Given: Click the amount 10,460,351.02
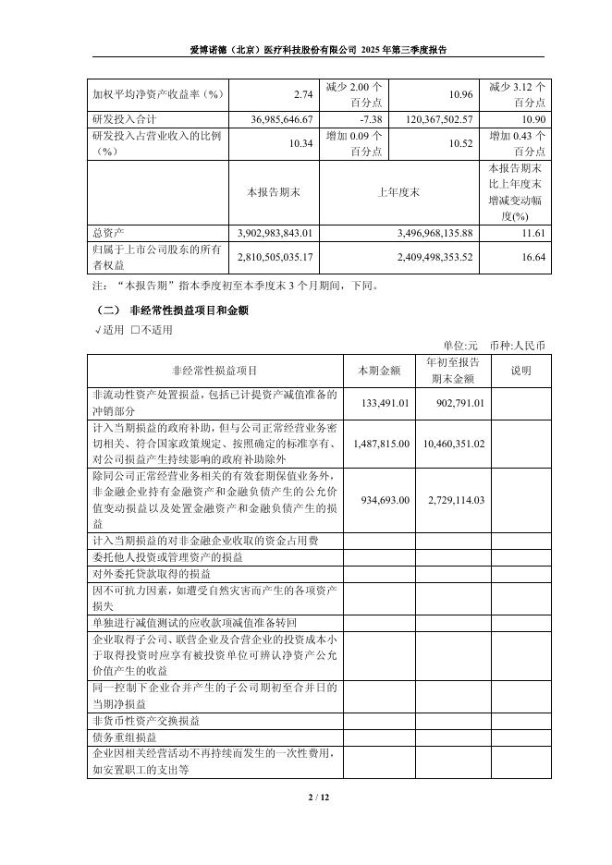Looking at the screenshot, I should [452, 444].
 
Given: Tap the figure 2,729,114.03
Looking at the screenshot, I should [452, 499].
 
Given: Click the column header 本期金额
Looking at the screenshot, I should [379, 371].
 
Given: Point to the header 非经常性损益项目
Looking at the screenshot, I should [214, 371].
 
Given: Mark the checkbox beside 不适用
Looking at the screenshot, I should [135, 329].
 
